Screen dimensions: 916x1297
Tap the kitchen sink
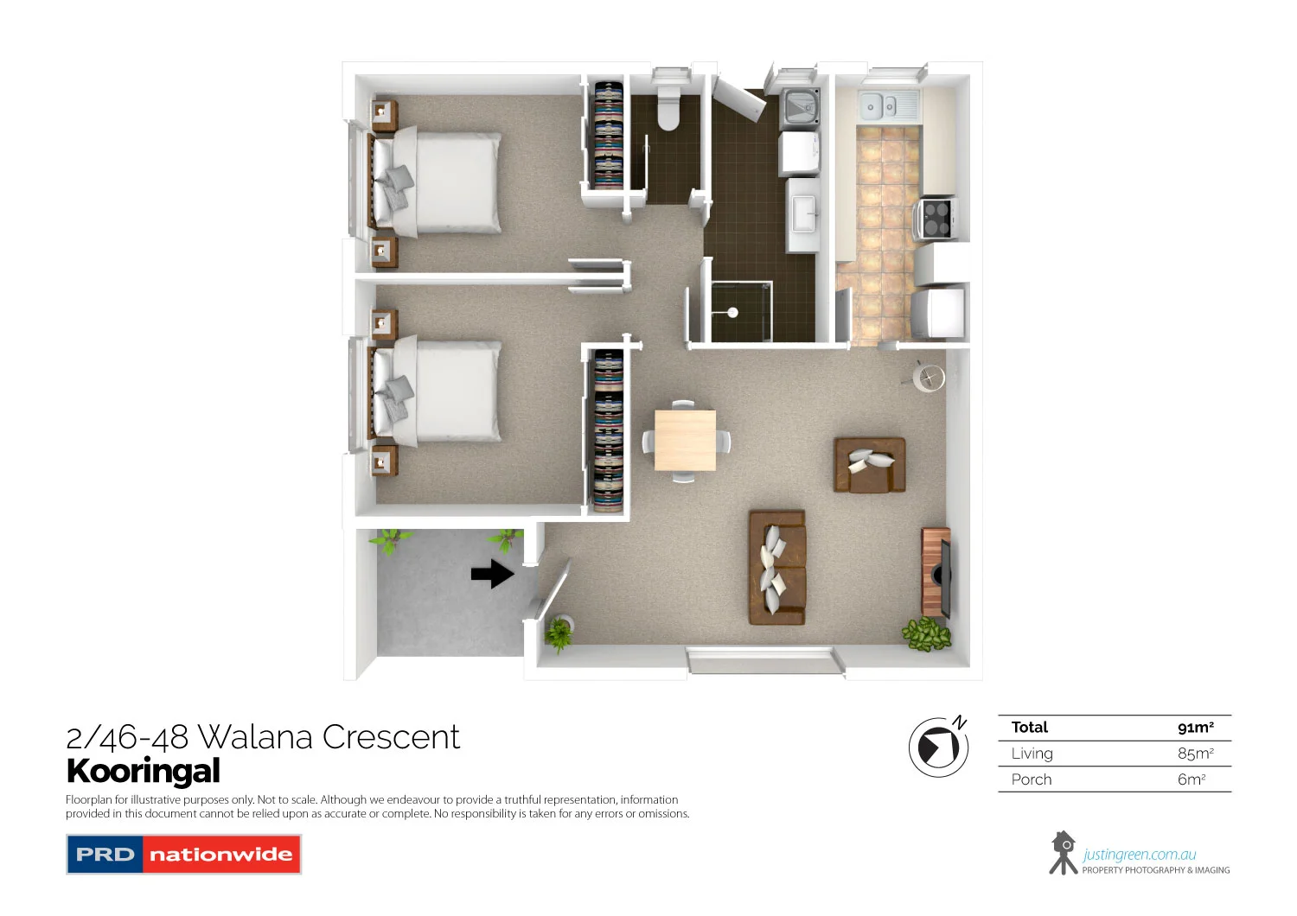click(x=879, y=106)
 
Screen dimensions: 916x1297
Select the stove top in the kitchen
click(x=936, y=218)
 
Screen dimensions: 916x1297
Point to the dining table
click(x=685, y=441)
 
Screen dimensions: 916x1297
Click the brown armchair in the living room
click(x=869, y=465)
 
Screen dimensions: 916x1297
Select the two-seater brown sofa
click(x=777, y=567)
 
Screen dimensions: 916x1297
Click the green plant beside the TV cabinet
click(x=927, y=634)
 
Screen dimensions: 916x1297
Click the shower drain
click(x=732, y=313)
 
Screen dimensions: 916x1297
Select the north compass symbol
click(x=938, y=746)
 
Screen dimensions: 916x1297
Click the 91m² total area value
click(x=1195, y=728)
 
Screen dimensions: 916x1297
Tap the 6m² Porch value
click(x=1191, y=779)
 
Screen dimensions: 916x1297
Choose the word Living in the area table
click(x=1032, y=754)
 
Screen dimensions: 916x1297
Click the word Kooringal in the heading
click(x=144, y=771)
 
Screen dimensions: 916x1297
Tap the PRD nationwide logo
click(x=183, y=855)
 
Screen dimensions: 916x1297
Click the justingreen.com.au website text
click(x=1139, y=855)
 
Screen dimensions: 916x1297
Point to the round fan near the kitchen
click(x=929, y=378)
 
